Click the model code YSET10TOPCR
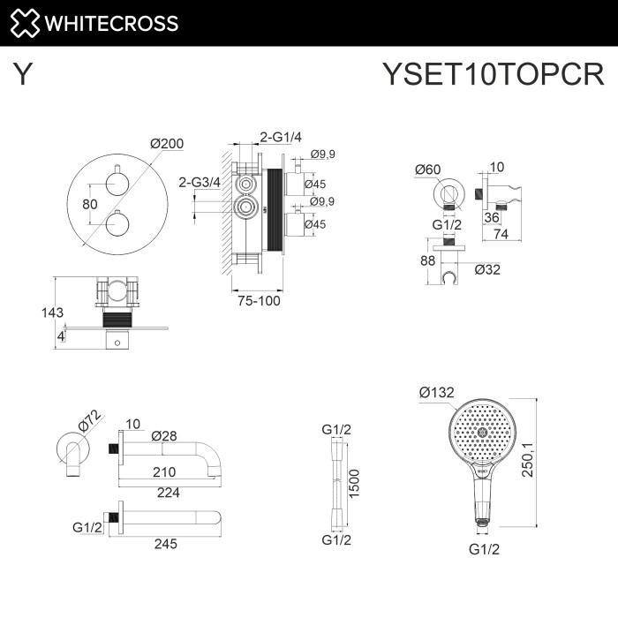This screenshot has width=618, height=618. tap(493, 75)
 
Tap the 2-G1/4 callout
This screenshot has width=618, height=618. tap(281, 136)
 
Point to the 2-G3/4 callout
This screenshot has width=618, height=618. tap(198, 183)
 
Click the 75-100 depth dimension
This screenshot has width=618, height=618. tap(257, 300)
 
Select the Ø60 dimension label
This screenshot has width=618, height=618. tap(428, 170)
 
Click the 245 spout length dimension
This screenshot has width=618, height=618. tap(165, 543)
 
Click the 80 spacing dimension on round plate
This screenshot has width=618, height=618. tap(89, 204)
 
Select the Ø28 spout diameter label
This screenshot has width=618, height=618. tap(164, 435)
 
